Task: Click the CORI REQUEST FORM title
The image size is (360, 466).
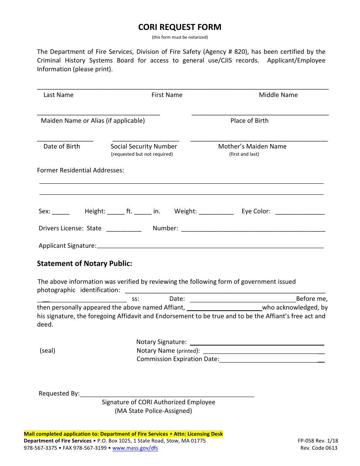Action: coord(180,27)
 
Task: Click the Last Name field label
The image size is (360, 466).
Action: coord(58,95)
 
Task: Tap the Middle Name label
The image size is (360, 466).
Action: coord(278,95)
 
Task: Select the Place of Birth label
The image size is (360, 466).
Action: coord(249,121)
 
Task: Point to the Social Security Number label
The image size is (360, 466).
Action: coord(144,147)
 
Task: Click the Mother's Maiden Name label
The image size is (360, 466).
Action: coord(252,147)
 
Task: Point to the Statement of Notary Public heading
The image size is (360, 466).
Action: coord(85,264)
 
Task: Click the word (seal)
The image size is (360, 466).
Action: coord(47,351)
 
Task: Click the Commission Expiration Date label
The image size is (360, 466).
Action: coord(178,359)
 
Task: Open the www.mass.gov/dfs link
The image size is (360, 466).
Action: coord(135,448)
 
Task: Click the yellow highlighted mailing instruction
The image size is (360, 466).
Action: coord(124,434)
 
